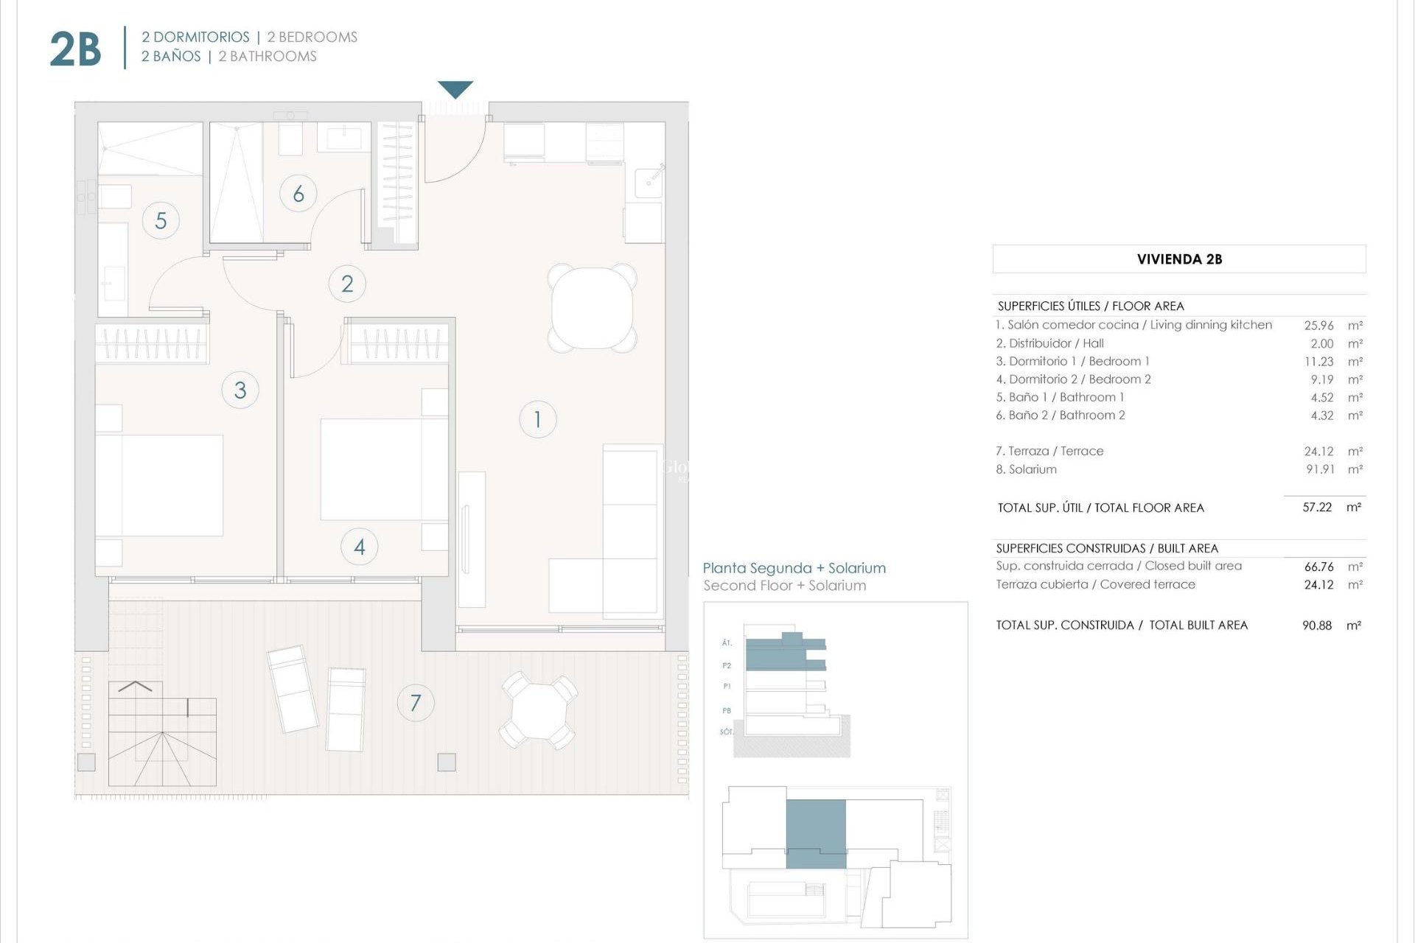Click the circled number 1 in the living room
[x=537, y=419]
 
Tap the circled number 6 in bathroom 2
[x=298, y=194]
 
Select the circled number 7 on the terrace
[x=416, y=702]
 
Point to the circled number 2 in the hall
[x=347, y=284]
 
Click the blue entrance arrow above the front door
[x=455, y=89]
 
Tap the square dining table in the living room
[x=592, y=308]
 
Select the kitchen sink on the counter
[x=649, y=179]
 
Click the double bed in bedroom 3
[x=158, y=485]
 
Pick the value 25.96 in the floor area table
[x=1318, y=325]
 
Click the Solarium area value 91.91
[x=1320, y=469]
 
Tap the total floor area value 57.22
[x=1317, y=508]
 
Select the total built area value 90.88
[x=1317, y=625]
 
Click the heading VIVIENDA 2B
[x=1179, y=259]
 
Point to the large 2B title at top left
[x=75, y=49]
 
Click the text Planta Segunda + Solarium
[x=794, y=568]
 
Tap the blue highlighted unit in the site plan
[x=816, y=832]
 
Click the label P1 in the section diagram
[x=727, y=687]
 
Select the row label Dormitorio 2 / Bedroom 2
[x=1073, y=379]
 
